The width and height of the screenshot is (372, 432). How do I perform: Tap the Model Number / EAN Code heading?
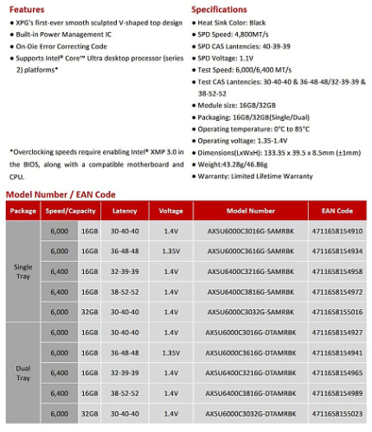(x=61, y=194)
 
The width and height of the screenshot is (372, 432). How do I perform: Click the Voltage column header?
(x=171, y=211)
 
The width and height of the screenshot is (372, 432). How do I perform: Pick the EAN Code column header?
(x=337, y=211)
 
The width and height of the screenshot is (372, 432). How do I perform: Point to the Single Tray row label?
(x=22, y=271)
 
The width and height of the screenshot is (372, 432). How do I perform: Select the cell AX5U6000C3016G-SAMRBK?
(x=251, y=231)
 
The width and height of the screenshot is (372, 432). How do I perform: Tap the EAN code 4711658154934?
(x=337, y=251)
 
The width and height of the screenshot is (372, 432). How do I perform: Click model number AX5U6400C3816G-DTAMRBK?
(x=251, y=393)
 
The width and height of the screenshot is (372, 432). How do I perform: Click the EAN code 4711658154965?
(x=337, y=372)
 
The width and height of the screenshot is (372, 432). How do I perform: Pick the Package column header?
(x=22, y=211)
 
